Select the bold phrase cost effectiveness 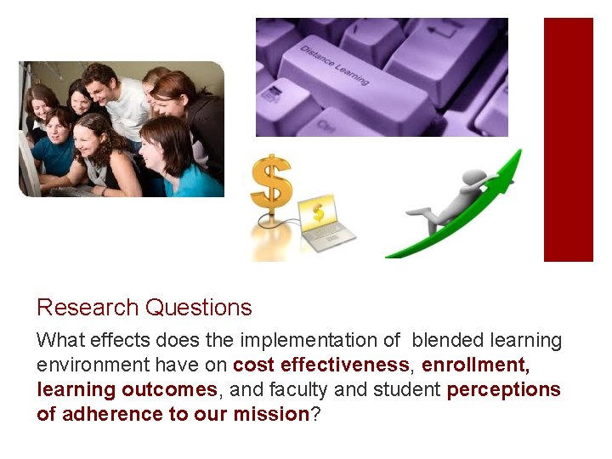point(320,365)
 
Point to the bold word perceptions point(503,390)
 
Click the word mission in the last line point(274,415)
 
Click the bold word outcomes point(169,390)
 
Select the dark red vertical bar point(568,139)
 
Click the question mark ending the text point(314,415)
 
